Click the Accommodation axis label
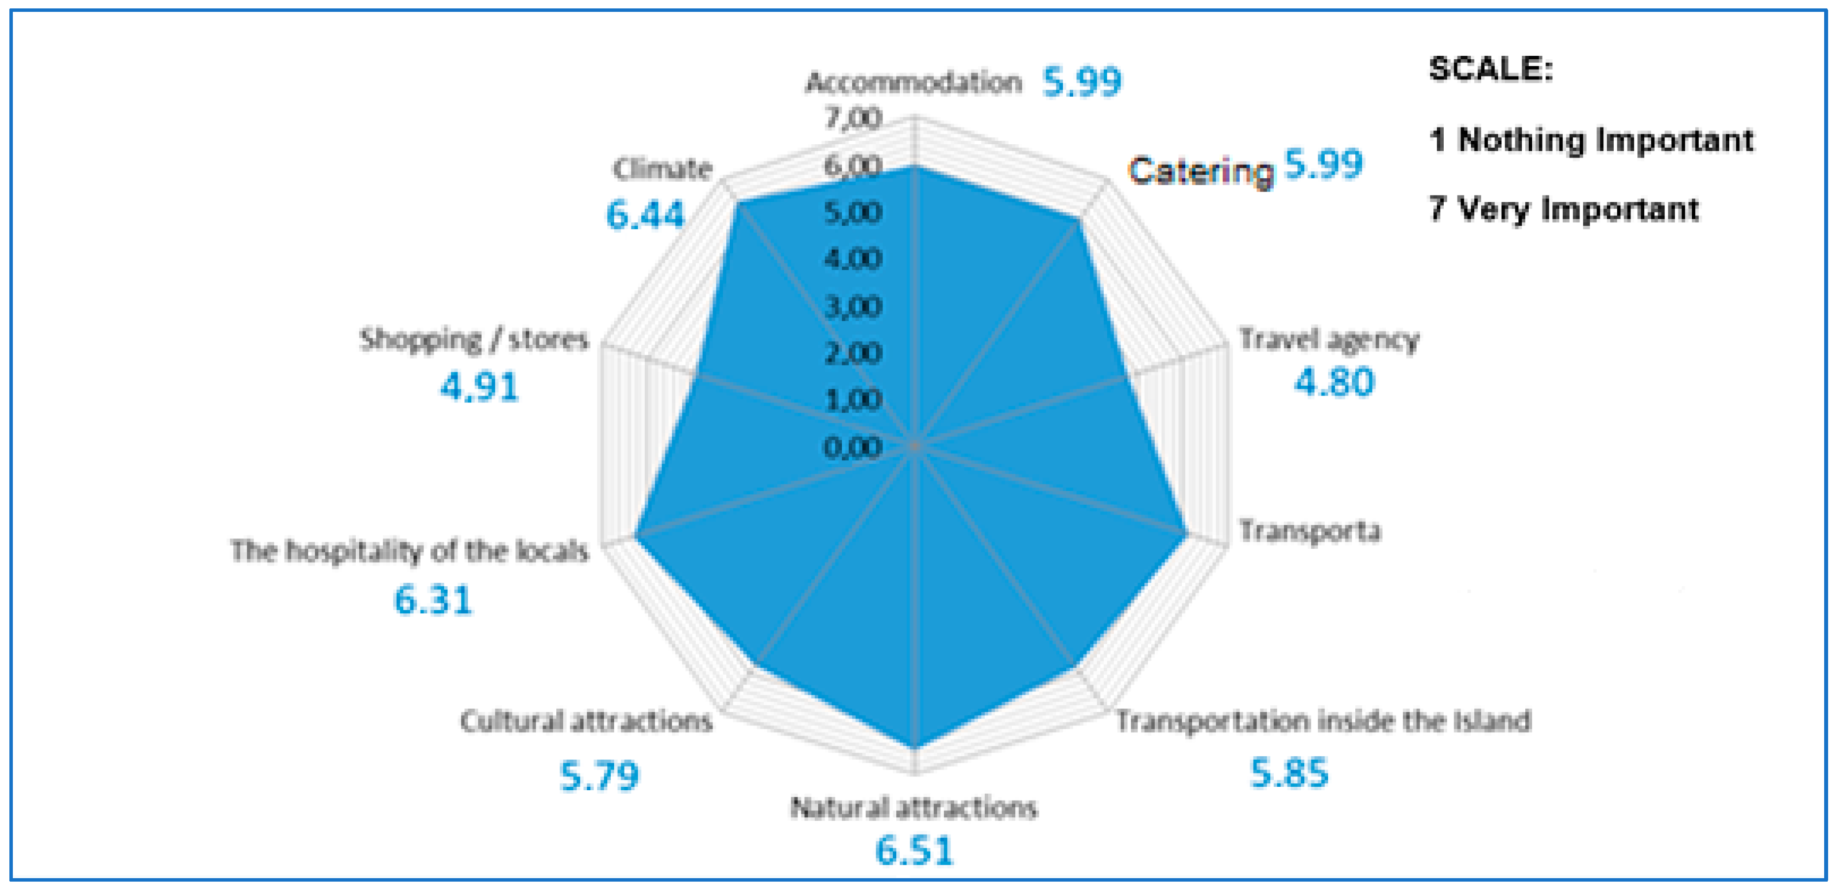pyautogui.click(x=913, y=83)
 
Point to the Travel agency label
pyautogui.click(x=1329, y=340)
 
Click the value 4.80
pyautogui.click(x=1334, y=382)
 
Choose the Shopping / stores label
pyautogui.click(x=474, y=340)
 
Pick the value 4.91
pyautogui.click(x=479, y=387)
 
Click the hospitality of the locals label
pyautogui.click(x=410, y=551)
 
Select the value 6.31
pyautogui.click(x=433, y=599)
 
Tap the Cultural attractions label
pyautogui.click(x=586, y=721)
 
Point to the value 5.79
pyautogui.click(x=599, y=776)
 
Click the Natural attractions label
pyautogui.click(x=913, y=808)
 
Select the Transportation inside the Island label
pyautogui.click(x=1324, y=721)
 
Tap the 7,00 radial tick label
pyautogui.click(x=853, y=119)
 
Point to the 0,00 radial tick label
pyautogui.click(x=853, y=448)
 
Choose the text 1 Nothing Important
pyautogui.click(x=1591, y=140)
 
